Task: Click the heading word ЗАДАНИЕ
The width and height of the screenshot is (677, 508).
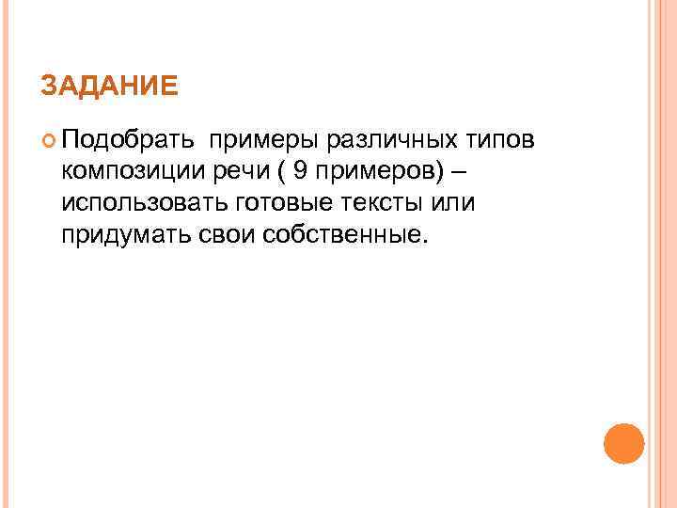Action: (109, 87)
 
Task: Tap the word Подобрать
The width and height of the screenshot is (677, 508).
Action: (128, 141)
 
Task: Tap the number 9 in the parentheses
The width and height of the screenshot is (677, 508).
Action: (301, 171)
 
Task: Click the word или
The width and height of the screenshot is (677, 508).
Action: (455, 202)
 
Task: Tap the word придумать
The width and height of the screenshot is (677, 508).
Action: (123, 233)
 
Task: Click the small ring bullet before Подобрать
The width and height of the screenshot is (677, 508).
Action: (49, 142)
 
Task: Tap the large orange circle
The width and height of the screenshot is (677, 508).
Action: (623, 442)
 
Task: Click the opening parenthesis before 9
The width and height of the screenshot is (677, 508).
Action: (283, 172)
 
